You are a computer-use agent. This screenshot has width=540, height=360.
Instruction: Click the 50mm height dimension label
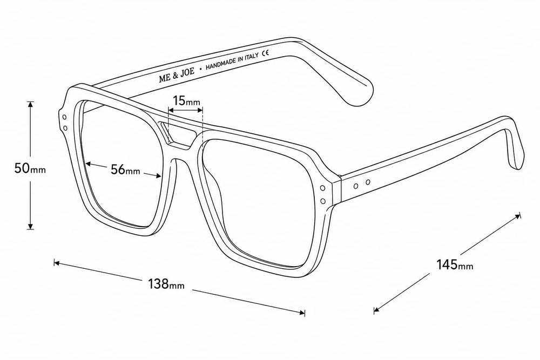click(x=30, y=168)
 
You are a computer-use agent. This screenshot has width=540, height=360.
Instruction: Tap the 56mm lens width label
click(x=125, y=169)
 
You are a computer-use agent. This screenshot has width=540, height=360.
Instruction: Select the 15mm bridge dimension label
click(x=186, y=100)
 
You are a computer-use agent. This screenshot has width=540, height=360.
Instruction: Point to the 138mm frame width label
click(x=166, y=284)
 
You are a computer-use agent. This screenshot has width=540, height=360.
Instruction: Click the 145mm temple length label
click(x=455, y=264)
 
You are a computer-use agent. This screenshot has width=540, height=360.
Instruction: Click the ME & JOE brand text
click(x=177, y=74)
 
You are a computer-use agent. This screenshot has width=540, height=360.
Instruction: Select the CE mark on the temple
click(x=265, y=53)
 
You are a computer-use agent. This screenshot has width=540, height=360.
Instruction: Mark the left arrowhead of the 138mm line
click(x=57, y=263)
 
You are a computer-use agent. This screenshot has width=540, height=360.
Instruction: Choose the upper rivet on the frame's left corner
click(x=65, y=118)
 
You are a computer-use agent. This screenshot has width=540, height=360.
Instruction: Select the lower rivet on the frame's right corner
click(x=323, y=200)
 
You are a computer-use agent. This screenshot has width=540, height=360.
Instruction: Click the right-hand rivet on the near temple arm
click(x=368, y=182)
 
